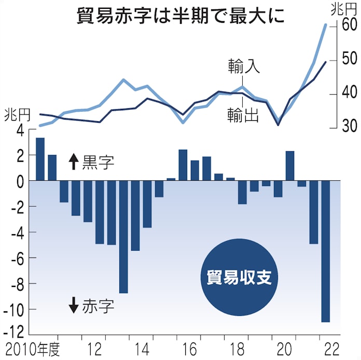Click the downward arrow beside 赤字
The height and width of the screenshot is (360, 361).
[73, 305]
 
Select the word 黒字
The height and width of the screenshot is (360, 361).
[98, 163]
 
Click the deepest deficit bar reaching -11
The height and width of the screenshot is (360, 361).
[326, 251]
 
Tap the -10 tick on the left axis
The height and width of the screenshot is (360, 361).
[15, 309]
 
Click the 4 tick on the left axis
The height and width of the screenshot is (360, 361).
[20, 130]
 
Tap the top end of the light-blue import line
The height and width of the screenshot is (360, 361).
[325, 25]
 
